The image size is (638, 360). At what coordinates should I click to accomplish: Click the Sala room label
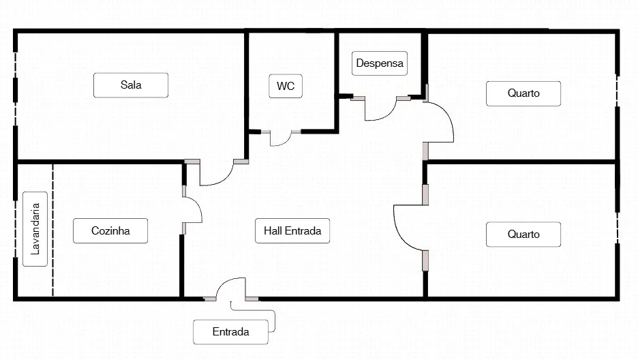(x=131, y=85)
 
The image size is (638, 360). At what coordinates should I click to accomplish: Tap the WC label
(x=286, y=86)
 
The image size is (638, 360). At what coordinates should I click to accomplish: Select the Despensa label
(x=380, y=63)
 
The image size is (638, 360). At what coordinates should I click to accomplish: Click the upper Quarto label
(x=523, y=93)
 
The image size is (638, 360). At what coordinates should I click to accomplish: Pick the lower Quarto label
(x=523, y=234)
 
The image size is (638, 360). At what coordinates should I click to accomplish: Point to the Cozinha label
(x=110, y=230)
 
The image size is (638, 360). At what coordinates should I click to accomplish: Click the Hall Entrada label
(x=292, y=230)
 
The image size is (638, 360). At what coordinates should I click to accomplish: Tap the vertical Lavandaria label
(x=35, y=229)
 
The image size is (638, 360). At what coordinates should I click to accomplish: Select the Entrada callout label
(x=230, y=332)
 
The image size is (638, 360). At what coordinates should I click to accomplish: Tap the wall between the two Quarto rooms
(x=521, y=162)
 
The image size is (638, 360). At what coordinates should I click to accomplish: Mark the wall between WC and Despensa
(x=337, y=82)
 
